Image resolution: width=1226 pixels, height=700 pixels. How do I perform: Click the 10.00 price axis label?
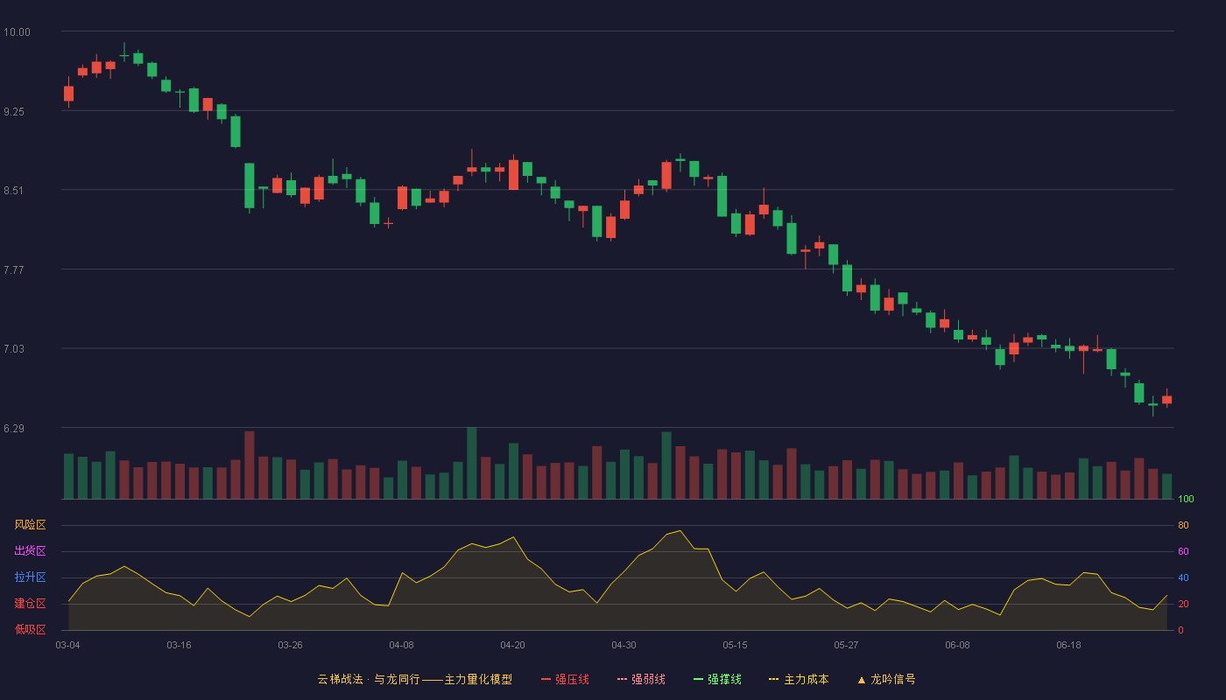point(17,32)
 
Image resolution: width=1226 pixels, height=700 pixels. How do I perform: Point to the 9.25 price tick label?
point(14,112)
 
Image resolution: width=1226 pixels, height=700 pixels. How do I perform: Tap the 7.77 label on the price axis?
point(14,270)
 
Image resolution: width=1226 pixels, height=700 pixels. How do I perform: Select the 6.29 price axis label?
point(14,429)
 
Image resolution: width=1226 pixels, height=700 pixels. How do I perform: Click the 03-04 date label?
point(68,646)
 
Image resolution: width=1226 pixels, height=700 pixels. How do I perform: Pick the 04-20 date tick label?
point(512,646)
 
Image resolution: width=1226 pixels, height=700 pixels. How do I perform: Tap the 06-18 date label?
point(1068,646)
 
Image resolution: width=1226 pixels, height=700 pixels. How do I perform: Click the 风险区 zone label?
point(30,525)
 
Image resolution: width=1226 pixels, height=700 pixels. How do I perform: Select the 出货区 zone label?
point(30,550)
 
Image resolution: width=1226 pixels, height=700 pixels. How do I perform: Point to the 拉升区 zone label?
point(30,577)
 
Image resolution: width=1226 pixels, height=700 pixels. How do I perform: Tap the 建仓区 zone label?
point(30,603)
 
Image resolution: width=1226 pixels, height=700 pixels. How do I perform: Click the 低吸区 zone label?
point(30,629)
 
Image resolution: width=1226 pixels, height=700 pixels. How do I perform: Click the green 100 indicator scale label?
point(1186,499)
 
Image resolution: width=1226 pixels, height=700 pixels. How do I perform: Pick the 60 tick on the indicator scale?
point(1183,551)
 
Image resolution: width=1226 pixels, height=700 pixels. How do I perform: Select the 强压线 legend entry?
point(565,680)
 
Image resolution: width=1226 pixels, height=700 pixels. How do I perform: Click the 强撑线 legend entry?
point(717,680)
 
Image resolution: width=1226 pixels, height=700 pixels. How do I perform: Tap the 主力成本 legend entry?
point(799,680)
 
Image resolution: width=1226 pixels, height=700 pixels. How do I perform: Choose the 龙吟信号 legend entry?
point(886,680)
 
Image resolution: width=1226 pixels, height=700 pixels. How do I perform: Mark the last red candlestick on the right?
point(1166,399)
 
